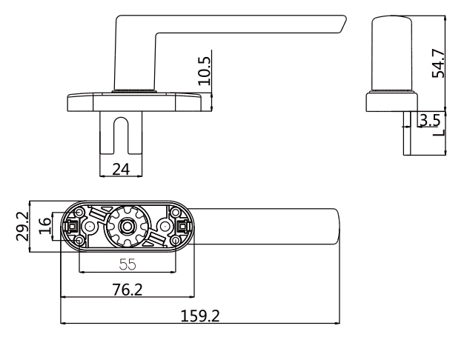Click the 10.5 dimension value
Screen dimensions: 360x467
coord(205,71)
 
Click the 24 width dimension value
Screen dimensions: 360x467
coord(122,169)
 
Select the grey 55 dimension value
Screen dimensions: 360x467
coord(127,264)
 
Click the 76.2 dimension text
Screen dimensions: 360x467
coord(127,290)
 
